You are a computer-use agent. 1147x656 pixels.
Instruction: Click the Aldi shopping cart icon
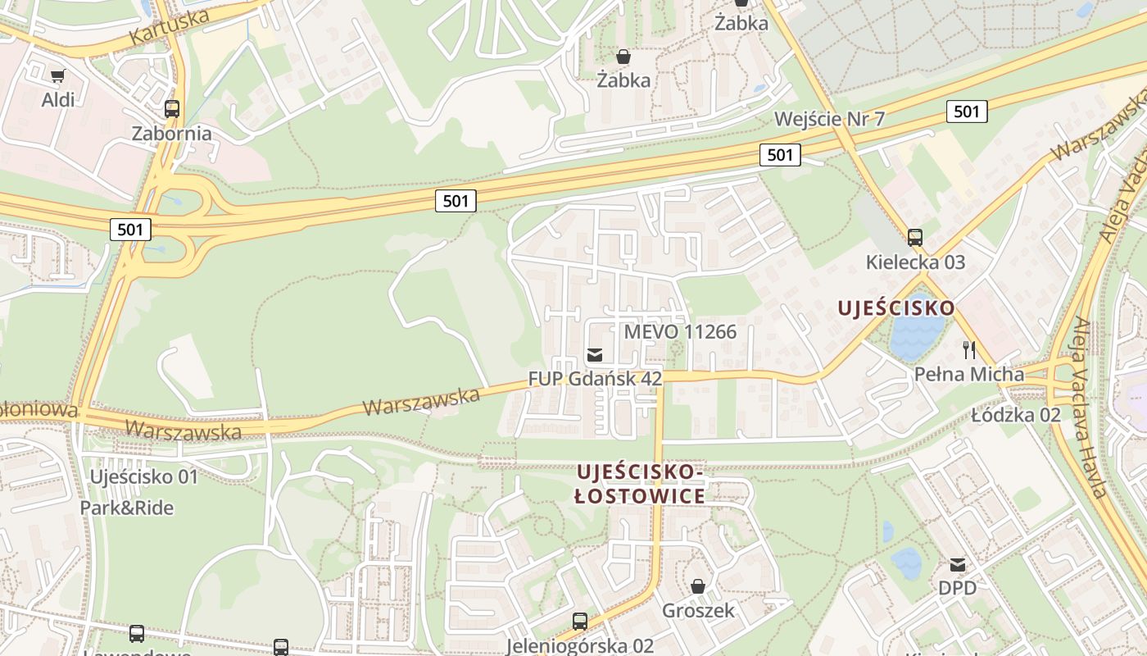[57, 76]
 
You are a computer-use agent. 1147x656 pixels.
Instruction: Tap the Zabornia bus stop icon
[172, 109]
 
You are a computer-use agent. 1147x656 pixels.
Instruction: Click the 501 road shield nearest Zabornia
[130, 229]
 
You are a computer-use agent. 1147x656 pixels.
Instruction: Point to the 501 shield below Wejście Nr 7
[779, 154]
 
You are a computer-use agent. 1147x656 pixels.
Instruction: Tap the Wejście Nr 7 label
[829, 119]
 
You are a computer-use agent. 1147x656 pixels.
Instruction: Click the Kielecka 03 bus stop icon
[915, 238]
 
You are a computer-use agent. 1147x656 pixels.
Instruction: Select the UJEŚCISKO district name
[895, 308]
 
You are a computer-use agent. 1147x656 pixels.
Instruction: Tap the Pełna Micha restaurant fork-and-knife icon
[969, 350]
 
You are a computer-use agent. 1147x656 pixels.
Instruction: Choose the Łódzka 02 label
[1016, 415]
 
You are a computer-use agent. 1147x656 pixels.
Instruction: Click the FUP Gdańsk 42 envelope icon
[595, 354]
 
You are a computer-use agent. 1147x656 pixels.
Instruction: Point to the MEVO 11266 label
[680, 332]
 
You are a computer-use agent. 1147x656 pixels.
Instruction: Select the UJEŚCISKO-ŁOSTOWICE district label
[640, 485]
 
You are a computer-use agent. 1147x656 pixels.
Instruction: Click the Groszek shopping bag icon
[698, 586]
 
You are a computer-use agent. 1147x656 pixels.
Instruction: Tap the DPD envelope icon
[957, 564]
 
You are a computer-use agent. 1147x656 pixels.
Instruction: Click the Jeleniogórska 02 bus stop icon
[580, 622]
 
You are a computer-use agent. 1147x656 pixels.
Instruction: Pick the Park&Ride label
[127, 508]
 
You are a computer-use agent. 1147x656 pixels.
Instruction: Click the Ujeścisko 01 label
[144, 476]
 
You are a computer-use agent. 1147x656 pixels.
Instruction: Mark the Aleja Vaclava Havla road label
[1090, 406]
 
